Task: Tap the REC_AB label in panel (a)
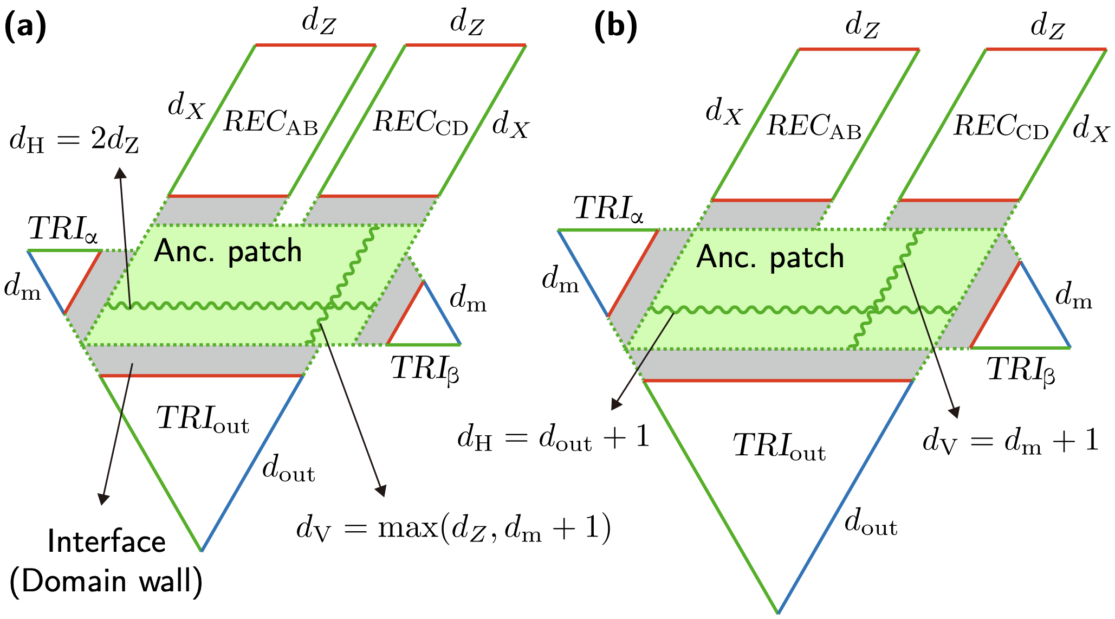[x=270, y=122]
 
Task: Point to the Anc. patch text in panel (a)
[x=228, y=252]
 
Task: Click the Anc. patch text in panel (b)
[x=770, y=257]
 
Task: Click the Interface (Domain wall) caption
[x=106, y=562]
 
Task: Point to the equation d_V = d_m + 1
[x=1010, y=441]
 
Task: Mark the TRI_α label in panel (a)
[x=63, y=229]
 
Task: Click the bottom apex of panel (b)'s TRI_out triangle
[x=777, y=612]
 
